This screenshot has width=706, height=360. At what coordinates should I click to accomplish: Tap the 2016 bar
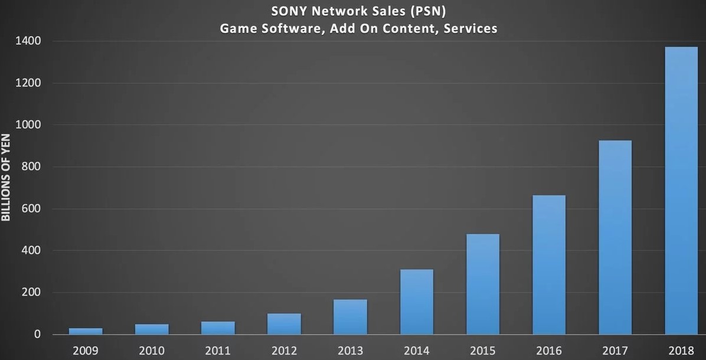coord(549,265)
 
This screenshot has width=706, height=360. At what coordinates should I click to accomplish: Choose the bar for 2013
coord(350,317)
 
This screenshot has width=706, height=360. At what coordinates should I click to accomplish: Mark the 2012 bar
coord(284,324)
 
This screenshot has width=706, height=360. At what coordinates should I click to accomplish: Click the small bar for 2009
coord(86,331)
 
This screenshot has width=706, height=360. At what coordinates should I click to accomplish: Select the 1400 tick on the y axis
coord(29,41)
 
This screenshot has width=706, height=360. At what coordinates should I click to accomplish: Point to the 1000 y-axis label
coord(29,125)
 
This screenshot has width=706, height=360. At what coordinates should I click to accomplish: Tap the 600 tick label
coord(32,209)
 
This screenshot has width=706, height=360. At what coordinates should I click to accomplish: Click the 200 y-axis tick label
coord(32,293)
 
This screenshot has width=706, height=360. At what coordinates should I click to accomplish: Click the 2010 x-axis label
coord(152,351)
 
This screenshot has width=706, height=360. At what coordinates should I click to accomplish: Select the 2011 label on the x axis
coord(218,351)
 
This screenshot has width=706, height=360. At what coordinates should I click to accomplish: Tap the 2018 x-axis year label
coord(681,351)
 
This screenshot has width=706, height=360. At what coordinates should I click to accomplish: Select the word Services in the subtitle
coord(472,28)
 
